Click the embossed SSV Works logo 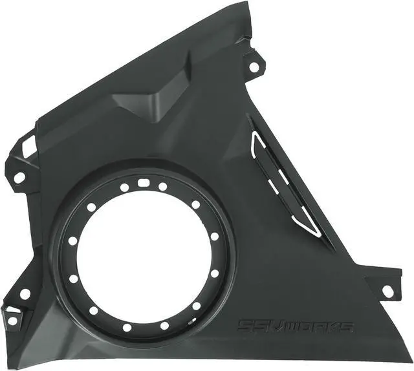pyautogui.click(x=296, y=326)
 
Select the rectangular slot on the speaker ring pyautogui.click(x=144, y=183)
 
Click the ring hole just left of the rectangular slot pyautogui.click(x=124, y=187)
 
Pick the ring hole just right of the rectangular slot pyautogui.click(x=162, y=187)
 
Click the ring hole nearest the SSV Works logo pyautogui.click(x=196, y=306)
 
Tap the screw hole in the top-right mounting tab pyautogui.click(x=254, y=67)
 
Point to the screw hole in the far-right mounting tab pyautogui.click(x=387, y=290)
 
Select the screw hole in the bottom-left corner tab pyautogui.click(x=12, y=320)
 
